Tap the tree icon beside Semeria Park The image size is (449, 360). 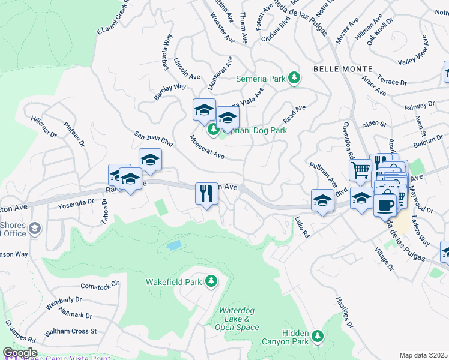(294, 77)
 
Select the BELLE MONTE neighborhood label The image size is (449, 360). (343, 69)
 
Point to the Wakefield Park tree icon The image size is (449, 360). (211, 281)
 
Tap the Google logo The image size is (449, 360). (20, 353)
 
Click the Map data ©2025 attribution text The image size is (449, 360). (423, 355)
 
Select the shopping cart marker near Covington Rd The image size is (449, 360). (360, 169)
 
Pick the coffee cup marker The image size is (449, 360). (385, 204)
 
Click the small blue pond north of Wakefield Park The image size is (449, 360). (173, 245)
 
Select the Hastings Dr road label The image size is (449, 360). (343, 311)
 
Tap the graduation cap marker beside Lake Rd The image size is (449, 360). (322, 200)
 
